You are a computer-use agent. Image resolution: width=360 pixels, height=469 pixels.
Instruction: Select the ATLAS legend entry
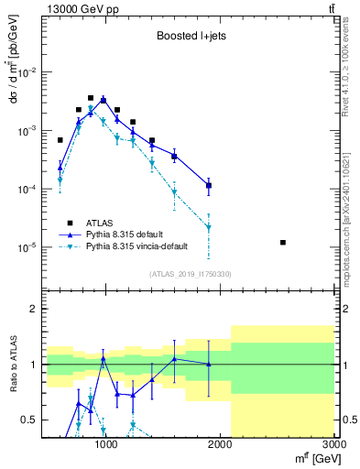(100, 223)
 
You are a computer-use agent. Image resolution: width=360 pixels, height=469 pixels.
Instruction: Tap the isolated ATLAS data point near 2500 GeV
(283, 242)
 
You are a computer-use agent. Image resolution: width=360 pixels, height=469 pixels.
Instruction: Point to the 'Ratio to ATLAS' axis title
(12, 364)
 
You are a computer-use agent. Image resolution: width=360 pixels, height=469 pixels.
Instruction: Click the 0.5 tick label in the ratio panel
(30, 420)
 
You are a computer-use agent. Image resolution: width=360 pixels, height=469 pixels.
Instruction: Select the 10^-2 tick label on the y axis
(27, 72)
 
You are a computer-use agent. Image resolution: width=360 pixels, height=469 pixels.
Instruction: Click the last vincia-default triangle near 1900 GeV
(209, 227)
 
